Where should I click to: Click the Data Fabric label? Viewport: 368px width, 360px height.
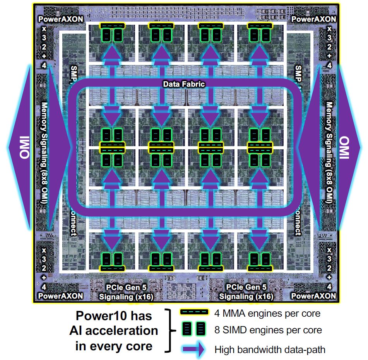coord(183,84)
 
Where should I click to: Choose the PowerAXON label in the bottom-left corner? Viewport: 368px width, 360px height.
coord(60,296)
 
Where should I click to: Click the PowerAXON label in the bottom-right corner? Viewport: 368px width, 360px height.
coord(313,296)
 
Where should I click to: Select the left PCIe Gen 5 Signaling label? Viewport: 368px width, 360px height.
coord(126,292)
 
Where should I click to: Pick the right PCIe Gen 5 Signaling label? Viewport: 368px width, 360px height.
coord(246,292)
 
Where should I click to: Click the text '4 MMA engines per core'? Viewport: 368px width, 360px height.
coord(267,313)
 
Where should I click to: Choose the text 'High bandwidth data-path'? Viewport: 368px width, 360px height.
coord(270,350)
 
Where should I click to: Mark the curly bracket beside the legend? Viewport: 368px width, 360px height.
coord(169,331)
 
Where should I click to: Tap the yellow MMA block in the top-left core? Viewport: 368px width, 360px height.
coord(112,25)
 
